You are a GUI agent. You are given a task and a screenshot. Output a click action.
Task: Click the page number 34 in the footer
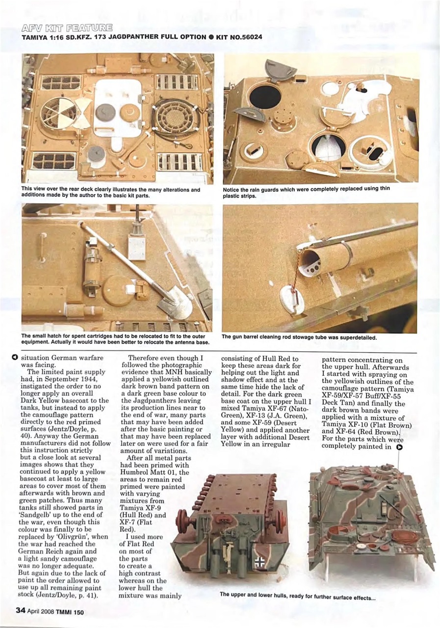coord(21,610)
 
